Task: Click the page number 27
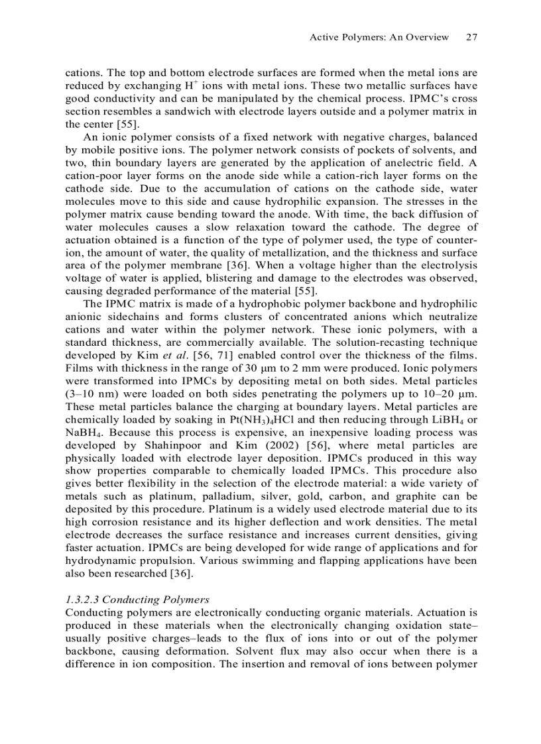coord(471,37)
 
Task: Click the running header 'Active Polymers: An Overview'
coord(379,37)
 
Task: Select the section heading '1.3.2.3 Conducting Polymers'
coord(137,599)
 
